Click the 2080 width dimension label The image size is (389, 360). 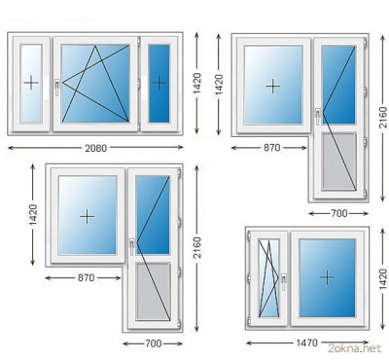point(95,148)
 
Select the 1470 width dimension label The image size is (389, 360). point(306,342)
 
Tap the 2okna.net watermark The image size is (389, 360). point(354,348)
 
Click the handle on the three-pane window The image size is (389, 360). point(57,88)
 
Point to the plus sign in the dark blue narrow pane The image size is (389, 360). point(159,83)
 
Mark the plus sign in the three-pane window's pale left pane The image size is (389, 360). point(31,83)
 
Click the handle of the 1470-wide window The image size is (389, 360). point(284,282)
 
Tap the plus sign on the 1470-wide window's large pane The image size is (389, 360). point(327,277)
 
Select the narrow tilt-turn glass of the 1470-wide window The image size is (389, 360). point(268,278)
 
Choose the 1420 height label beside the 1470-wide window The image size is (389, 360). point(383,278)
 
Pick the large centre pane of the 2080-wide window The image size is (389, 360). point(95,84)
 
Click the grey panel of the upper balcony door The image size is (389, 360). point(339,162)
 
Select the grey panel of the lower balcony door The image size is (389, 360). point(154,291)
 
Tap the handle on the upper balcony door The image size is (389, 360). point(318,117)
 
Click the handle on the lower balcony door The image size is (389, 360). point(132,247)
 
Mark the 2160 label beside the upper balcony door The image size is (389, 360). point(383,117)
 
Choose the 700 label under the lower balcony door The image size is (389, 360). point(154,343)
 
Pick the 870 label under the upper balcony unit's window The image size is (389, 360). point(271,148)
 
